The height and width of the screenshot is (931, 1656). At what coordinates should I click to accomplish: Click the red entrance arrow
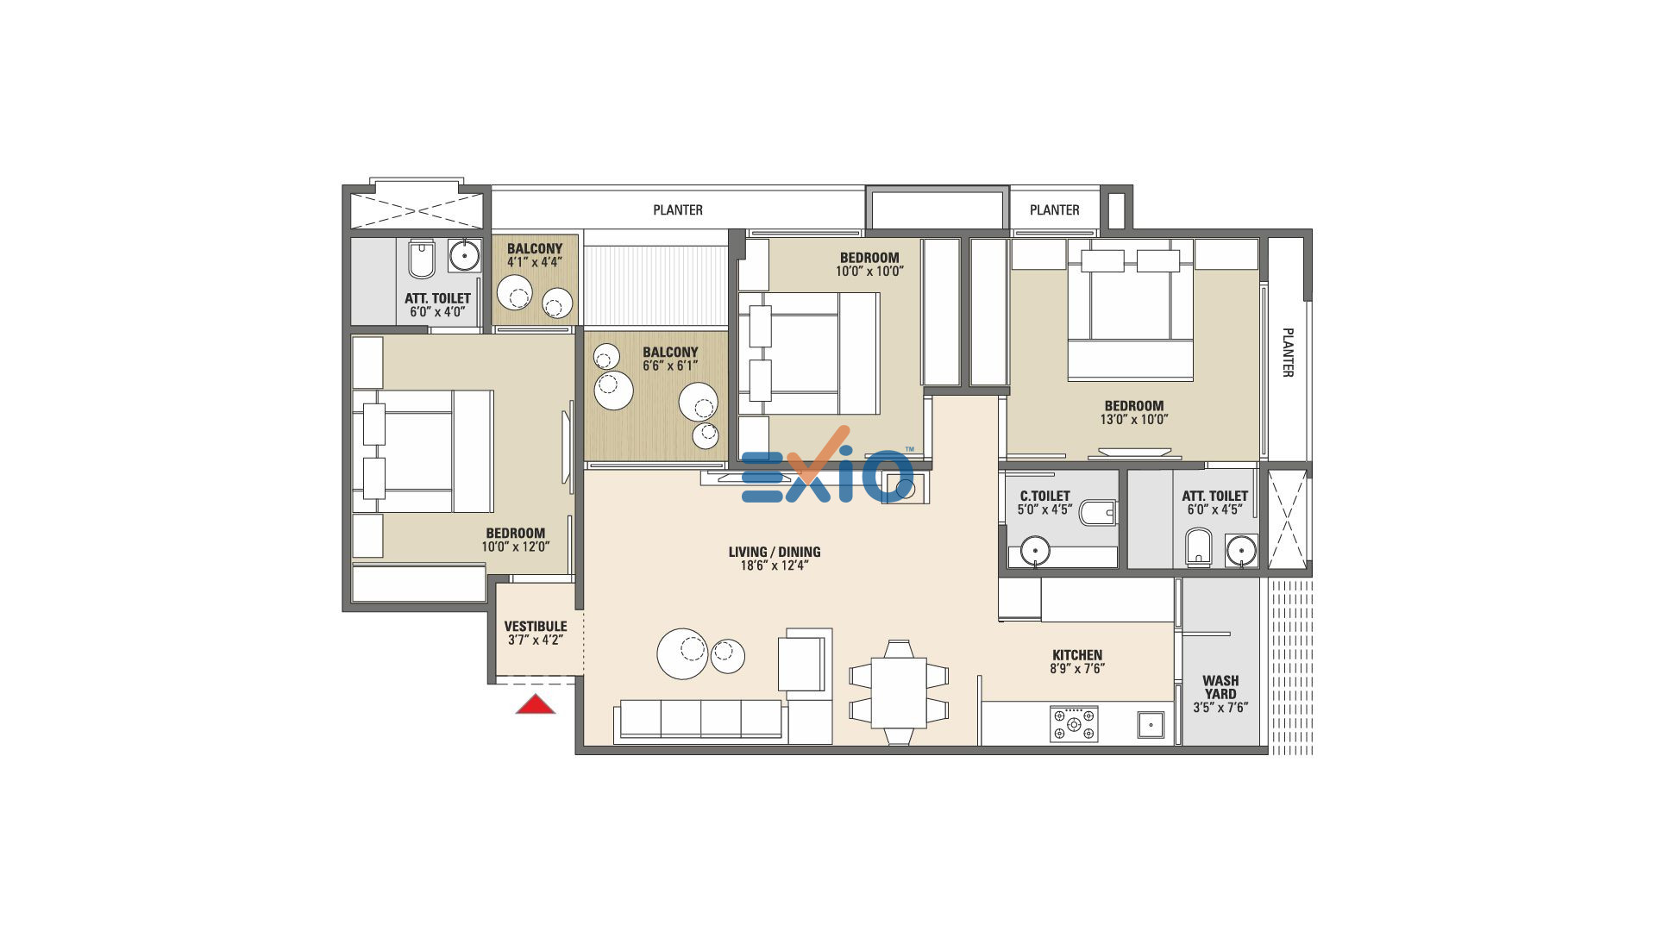[x=536, y=704]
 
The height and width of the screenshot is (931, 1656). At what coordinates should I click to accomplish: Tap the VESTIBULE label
[x=536, y=626]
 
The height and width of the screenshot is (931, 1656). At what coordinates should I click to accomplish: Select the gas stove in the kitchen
[x=1074, y=724]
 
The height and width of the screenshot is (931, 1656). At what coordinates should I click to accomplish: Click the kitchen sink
[x=1151, y=725]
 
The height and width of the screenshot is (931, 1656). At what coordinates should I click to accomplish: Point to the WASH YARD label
[x=1220, y=687]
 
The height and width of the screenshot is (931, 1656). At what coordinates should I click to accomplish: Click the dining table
[x=899, y=692]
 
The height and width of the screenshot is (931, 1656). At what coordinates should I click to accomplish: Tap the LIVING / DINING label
[x=775, y=552]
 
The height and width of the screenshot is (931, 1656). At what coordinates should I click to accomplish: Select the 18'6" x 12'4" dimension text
[x=775, y=565]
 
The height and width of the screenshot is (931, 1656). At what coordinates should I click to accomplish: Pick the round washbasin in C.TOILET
[x=1035, y=550]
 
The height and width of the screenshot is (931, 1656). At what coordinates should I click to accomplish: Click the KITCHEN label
[x=1077, y=654]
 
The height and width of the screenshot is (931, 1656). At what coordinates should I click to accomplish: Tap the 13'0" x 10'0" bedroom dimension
[x=1133, y=420]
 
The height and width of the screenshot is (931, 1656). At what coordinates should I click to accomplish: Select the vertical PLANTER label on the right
[x=1287, y=352]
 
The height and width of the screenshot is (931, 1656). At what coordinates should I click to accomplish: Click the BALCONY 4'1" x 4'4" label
[x=535, y=255]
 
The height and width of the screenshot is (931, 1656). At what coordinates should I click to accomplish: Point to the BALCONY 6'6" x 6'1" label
[x=670, y=359]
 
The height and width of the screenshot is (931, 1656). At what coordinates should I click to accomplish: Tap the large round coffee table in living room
[x=682, y=653]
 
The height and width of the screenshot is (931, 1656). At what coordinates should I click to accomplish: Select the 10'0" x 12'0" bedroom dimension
[x=516, y=547]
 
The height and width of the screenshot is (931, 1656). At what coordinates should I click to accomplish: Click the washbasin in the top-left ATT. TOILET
[x=465, y=256]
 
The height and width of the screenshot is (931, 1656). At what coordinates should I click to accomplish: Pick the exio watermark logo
[x=826, y=467]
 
